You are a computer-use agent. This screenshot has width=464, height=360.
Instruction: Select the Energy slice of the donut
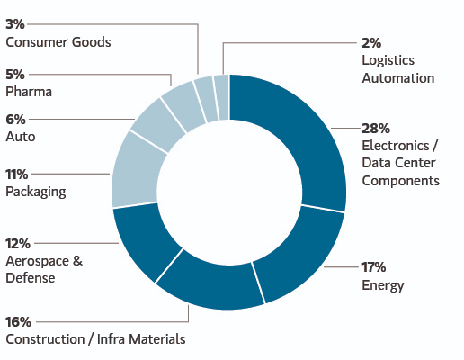pyautogui.click(x=299, y=255)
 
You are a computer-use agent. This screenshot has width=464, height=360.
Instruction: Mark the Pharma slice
pyautogui.click(x=183, y=105)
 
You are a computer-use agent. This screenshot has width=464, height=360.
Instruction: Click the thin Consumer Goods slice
pyautogui.click(x=206, y=99)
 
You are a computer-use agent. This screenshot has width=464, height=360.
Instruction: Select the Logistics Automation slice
pyautogui.click(x=222, y=97)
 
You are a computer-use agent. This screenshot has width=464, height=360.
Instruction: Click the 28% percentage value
pyautogui.click(x=376, y=129)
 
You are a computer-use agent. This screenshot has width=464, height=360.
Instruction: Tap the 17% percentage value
pyautogui.click(x=374, y=266)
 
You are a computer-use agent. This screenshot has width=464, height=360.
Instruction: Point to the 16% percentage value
pyautogui.click(x=18, y=322)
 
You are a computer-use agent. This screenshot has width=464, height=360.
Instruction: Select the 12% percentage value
pyautogui.click(x=18, y=244)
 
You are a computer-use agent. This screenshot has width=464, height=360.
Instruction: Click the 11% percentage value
pyautogui.click(x=17, y=174)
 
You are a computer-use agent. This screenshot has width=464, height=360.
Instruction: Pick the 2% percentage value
pyautogui.click(x=371, y=43)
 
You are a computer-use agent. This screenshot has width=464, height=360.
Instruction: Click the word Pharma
pyautogui.click(x=29, y=92)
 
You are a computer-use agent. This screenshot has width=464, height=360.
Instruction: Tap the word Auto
pyautogui.click(x=21, y=137)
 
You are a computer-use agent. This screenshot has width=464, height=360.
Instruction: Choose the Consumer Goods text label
pyautogui.click(x=58, y=42)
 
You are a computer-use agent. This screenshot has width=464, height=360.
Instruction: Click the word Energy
pyautogui.click(x=383, y=285)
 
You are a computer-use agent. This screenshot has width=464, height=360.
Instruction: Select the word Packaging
pyautogui.click(x=36, y=192)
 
